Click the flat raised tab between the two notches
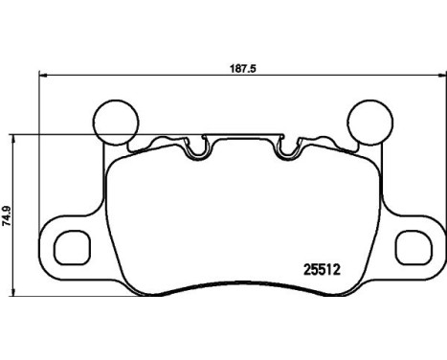click(x=241, y=140)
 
